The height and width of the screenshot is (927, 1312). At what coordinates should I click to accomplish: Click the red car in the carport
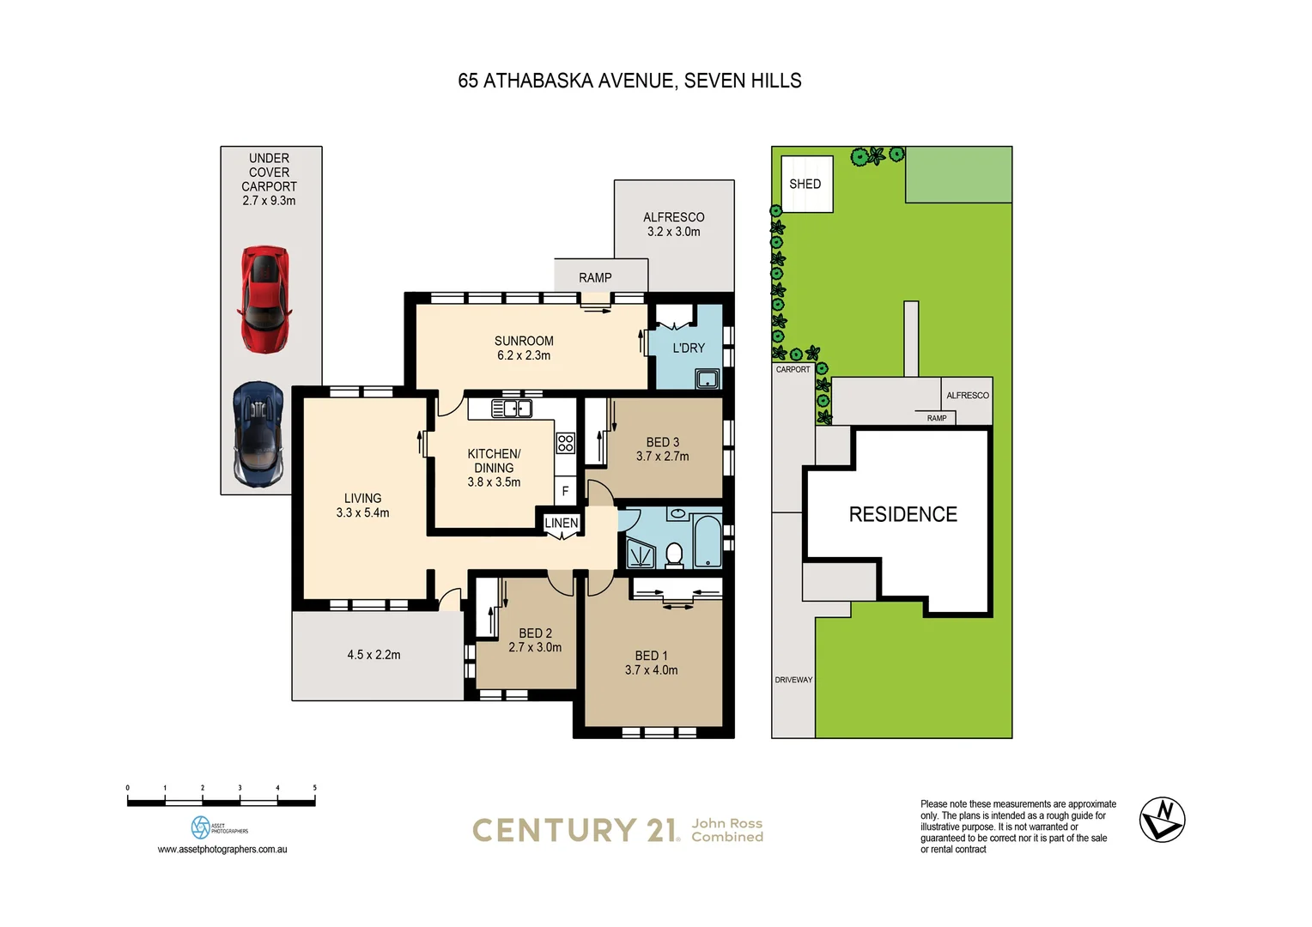[x=264, y=299]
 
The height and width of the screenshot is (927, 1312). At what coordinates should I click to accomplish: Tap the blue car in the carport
[x=258, y=434]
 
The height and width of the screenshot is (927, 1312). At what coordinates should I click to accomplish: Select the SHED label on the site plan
[x=805, y=184]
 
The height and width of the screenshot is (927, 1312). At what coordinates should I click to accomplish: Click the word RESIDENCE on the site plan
[x=902, y=514]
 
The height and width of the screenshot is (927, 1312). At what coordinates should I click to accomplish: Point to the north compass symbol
[x=1162, y=819]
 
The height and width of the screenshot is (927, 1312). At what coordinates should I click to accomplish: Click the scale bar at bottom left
[x=222, y=802]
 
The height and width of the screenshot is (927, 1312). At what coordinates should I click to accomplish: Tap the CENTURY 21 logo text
[x=575, y=830]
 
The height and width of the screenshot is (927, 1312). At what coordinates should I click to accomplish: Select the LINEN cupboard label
[x=562, y=523]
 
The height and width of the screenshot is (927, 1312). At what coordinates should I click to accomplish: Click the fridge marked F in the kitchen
[x=565, y=490]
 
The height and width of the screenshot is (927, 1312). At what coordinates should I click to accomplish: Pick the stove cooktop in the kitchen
[x=565, y=443]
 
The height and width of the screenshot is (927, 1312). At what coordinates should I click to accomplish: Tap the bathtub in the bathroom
[x=708, y=541]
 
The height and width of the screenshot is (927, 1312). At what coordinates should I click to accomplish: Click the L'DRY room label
[x=689, y=348]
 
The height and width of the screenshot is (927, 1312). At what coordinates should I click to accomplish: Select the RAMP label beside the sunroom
[x=595, y=277]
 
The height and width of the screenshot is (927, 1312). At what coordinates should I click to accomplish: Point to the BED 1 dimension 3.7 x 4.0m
[x=651, y=670]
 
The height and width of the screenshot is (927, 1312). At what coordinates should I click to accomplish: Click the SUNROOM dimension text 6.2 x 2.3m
[x=524, y=355]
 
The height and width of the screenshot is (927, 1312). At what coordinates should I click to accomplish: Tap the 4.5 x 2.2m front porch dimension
[x=374, y=654]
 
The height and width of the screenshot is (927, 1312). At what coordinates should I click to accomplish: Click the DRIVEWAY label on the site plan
[x=793, y=680]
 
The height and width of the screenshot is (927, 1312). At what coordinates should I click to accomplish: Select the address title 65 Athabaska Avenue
[x=629, y=81]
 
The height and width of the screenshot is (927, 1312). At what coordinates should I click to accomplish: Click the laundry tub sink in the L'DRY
[x=708, y=379]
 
